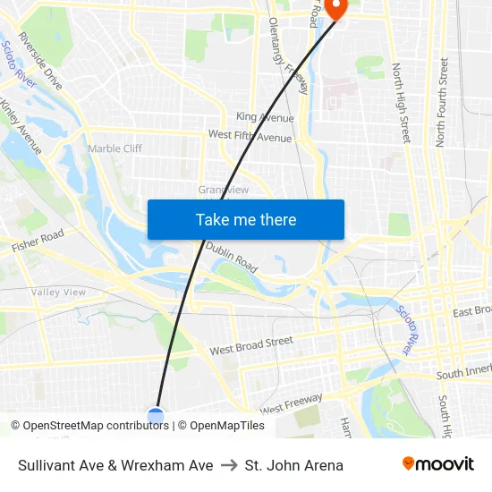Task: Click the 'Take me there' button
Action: point(246,219)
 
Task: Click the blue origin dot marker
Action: point(156,415)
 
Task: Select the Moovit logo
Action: point(438,464)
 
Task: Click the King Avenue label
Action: point(265,117)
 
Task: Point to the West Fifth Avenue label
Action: point(250,136)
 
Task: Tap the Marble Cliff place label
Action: point(115,148)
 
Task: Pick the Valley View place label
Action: point(58,293)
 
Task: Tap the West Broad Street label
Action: point(251,346)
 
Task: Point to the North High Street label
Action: point(401,103)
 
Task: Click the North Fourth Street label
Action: point(441,102)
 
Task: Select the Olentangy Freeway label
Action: point(286,53)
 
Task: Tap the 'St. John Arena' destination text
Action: point(294,465)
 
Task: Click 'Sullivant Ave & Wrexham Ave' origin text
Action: point(115,465)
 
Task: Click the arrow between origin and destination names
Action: point(229,465)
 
